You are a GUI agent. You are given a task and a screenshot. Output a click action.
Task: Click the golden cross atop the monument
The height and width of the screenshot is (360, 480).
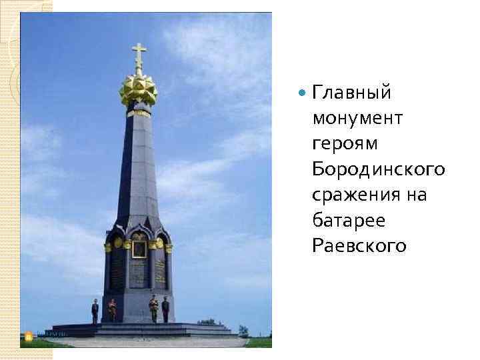(139, 57)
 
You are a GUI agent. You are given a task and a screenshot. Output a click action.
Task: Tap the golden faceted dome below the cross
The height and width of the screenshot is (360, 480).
(138, 89)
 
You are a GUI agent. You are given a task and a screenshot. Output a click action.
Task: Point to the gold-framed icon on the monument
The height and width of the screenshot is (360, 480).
(139, 249)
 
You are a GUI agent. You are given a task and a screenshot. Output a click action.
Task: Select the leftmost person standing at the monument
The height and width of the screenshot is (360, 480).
(95, 310)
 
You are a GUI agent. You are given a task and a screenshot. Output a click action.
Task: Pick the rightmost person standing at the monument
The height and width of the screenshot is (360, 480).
(165, 309)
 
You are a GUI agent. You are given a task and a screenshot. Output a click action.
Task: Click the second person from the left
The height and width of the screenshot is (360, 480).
(112, 309)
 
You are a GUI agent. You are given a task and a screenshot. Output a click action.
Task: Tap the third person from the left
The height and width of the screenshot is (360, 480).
(153, 309)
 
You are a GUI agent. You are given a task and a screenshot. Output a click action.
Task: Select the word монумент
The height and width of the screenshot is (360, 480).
(357, 118)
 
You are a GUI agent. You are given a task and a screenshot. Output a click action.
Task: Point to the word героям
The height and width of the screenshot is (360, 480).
(345, 144)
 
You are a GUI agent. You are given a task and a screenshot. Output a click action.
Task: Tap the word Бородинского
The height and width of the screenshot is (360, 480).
(378, 169)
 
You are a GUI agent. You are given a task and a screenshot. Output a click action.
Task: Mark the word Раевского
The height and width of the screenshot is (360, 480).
(359, 246)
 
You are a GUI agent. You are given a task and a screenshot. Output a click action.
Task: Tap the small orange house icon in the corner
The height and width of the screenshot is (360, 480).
(28, 334)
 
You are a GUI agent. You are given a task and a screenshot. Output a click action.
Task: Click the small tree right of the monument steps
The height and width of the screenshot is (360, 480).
(243, 330)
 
